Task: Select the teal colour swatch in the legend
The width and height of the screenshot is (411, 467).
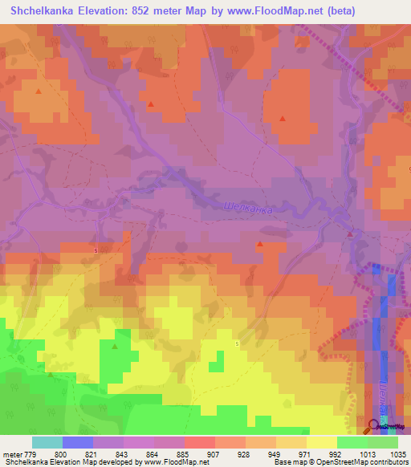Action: tap(47, 442)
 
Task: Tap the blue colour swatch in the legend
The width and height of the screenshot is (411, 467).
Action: tap(78, 442)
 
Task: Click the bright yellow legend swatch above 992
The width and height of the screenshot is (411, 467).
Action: tap(322, 442)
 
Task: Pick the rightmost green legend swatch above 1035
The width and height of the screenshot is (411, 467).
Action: tap(384, 442)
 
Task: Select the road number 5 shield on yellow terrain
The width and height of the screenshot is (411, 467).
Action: tap(238, 343)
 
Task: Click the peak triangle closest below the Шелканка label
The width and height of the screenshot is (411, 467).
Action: tap(259, 244)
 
